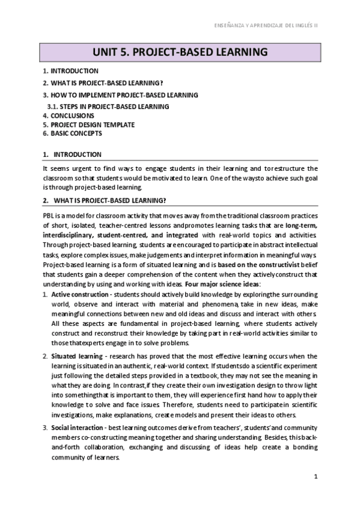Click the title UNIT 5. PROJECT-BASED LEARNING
pyautogui.click(x=180, y=51)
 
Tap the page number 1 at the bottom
pyautogui.click(x=316, y=476)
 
